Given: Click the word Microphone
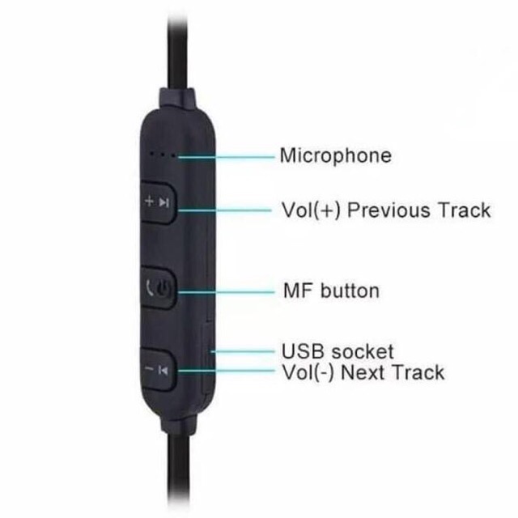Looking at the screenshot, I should click(x=334, y=155).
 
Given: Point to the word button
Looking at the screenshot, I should click(x=350, y=289).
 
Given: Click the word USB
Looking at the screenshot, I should click(x=300, y=351).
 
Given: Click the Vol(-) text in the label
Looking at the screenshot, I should click(x=307, y=372).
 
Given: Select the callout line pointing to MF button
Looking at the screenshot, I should click(x=227, y=289).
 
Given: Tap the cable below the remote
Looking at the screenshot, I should click(x=180, y=478).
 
